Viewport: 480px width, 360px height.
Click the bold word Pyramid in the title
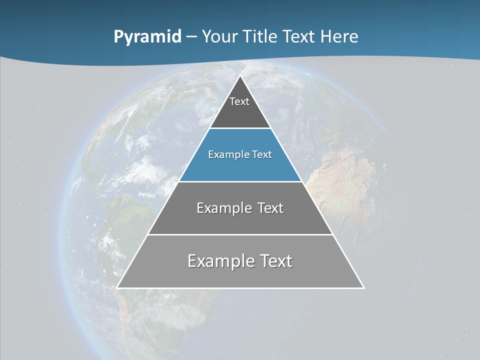tap(147, 37)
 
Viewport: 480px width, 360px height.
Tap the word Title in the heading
tap(259, 36)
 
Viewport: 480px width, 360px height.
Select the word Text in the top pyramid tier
tap(239, 101)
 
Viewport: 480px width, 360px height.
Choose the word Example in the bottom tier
tap(220, 261)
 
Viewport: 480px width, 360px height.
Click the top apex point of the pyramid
tap(240, 76)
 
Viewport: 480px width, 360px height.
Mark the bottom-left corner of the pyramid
tap(117, 287)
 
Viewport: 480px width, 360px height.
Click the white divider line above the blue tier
tap(240, 128)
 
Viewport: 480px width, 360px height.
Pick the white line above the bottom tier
tap(240, 234)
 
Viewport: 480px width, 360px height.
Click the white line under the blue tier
tap(240, 181)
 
